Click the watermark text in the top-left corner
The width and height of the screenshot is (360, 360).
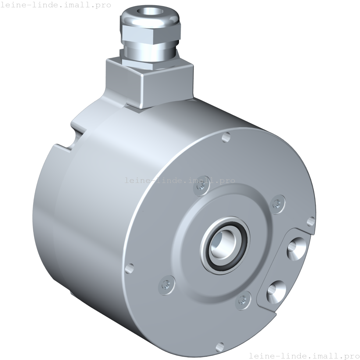(55, 5)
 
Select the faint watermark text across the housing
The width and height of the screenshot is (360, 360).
(180, 180)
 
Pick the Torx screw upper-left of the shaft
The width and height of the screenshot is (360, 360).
(201, 189)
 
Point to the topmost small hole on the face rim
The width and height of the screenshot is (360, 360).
(226, 138)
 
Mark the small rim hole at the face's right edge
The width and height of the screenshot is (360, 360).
(311, 221)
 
